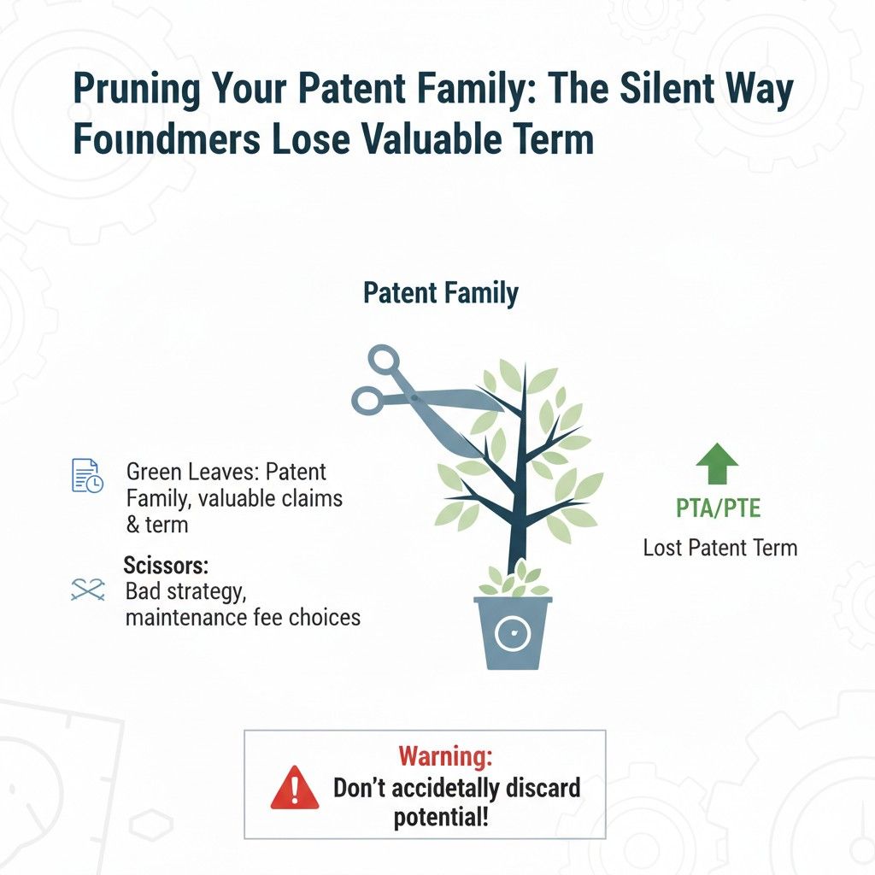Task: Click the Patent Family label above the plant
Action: tap(440, 293)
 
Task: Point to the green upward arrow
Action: tap(716, 465)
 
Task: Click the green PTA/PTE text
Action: tap(718, 510)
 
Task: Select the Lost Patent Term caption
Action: tap(719, 547)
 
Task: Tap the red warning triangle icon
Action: tap(295, 787)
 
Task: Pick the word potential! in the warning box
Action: tap(442, 817)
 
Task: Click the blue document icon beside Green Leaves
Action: tap(85, 475)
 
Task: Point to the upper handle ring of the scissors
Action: tap(384, 360)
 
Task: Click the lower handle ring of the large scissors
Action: tap(368, 399)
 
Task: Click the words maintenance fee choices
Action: tap(243, 616)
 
